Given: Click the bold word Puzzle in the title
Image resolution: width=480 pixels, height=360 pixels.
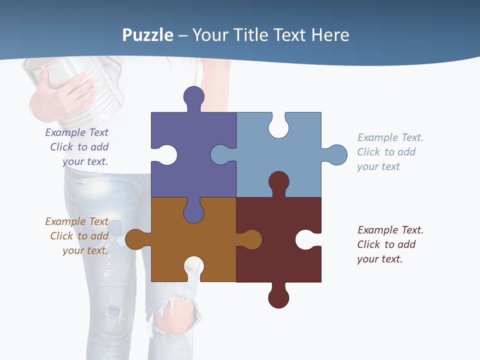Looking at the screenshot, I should click(148, 35).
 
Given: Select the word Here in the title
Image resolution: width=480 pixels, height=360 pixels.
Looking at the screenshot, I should click(330, 35).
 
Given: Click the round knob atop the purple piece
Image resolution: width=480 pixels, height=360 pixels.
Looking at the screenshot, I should click(194, 96).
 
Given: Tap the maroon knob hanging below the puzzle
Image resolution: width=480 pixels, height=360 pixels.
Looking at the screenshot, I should click(278, 298).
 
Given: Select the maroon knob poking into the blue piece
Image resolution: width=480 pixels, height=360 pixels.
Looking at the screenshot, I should click(278, 181).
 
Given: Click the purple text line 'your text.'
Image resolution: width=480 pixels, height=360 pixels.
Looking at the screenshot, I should click(85, 161).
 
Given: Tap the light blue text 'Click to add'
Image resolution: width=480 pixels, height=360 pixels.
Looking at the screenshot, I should click(386, 152).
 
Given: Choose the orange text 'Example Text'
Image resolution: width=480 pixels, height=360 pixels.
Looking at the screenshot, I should click(76, 221).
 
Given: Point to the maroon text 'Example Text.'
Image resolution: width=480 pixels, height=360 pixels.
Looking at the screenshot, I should click(390, 230).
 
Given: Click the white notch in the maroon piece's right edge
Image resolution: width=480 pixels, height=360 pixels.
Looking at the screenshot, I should click(305, 239).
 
